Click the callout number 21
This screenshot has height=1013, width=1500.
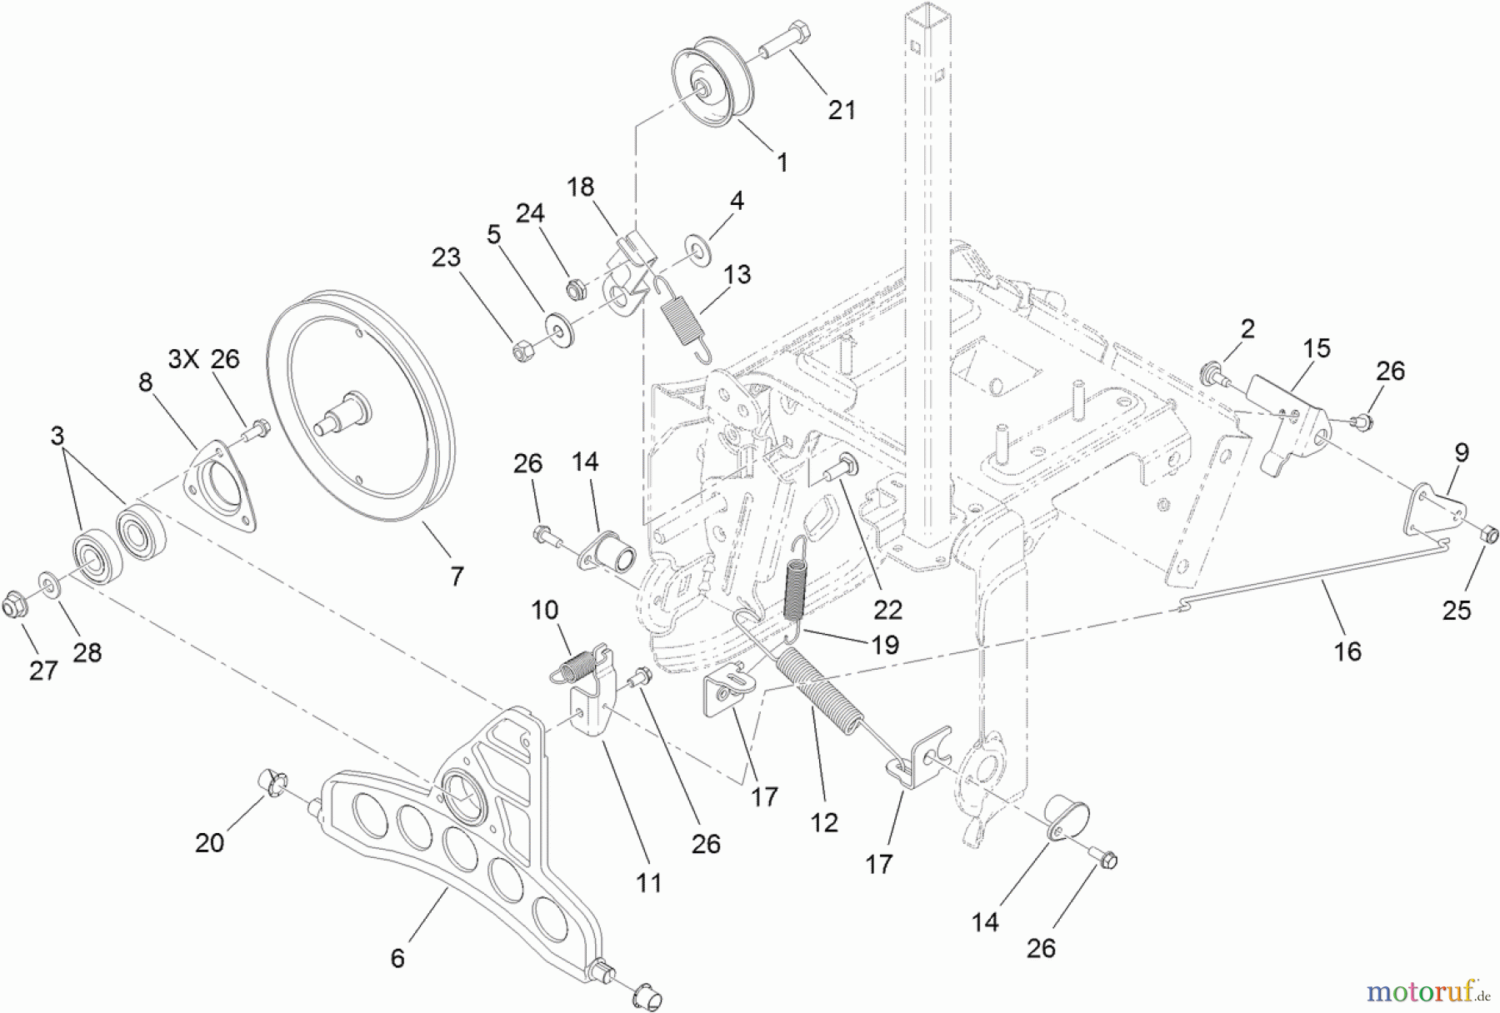842,109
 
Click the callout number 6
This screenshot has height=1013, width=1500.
397,959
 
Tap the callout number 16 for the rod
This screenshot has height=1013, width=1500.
1347,651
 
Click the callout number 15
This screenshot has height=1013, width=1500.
1317,348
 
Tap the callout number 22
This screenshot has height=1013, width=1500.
887,610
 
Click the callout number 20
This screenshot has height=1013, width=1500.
209,842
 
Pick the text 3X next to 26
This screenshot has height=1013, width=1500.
183,359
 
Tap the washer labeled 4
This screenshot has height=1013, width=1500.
694,247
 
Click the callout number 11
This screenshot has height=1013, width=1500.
648,882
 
